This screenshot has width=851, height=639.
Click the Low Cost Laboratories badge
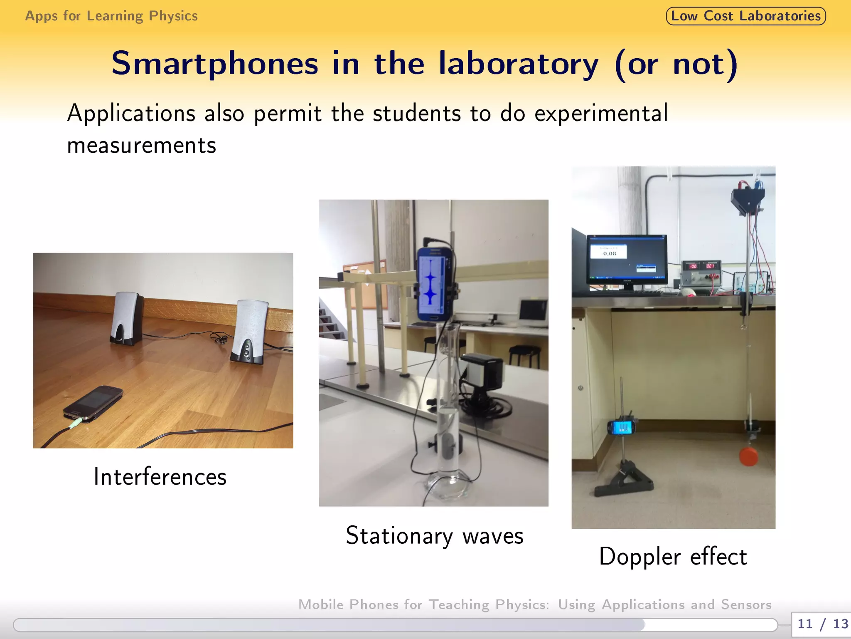(745, 16)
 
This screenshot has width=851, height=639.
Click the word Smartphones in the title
(214, 64)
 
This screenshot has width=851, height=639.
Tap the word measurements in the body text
(141, 146)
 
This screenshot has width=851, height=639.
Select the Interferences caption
(160, 477)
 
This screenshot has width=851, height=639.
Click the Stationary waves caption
(434, 536)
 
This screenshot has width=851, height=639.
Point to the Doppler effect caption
(673, 557)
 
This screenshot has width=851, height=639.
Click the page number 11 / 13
(822, 624)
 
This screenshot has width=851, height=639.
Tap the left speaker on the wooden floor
(126, 318)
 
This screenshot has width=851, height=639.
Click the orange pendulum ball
(748, 456)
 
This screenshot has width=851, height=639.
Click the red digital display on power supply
(693, 266)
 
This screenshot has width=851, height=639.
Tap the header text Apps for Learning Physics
(111, 16)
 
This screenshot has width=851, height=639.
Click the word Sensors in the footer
(746, 604)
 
